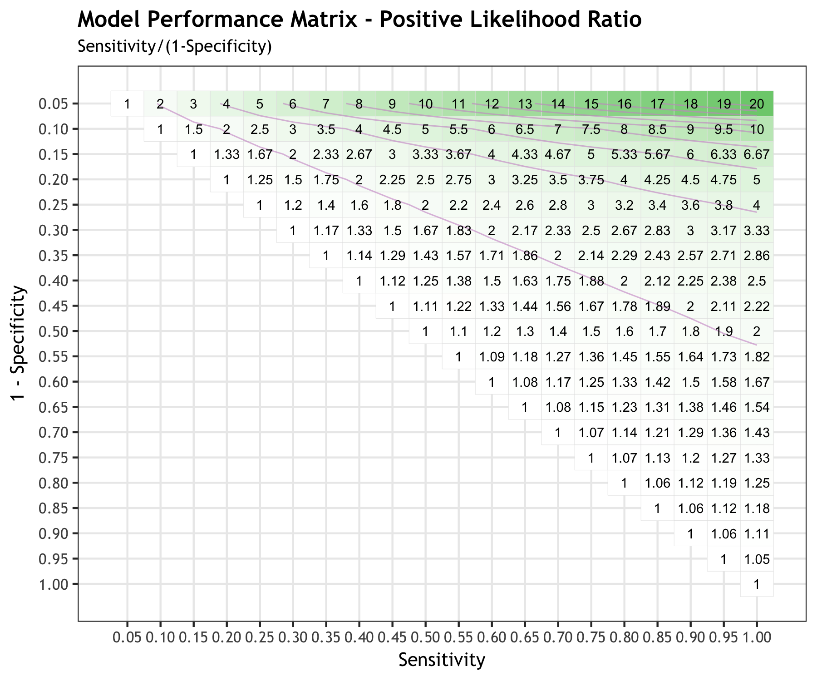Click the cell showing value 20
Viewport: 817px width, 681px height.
[757, 104]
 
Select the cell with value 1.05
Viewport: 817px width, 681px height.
[757, 559]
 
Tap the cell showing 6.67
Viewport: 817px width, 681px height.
[757, 154]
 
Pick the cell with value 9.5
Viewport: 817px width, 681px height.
[723, 129]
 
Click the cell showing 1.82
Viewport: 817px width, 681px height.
[757, 357]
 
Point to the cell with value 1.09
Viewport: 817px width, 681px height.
[492, 357]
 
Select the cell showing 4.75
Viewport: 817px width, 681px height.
[723, 180]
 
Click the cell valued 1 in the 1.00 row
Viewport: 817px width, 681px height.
[757, 584]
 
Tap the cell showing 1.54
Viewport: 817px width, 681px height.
[757, 407]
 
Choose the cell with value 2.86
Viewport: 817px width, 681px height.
[757, 256]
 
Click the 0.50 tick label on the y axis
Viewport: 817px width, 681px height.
[54, 331]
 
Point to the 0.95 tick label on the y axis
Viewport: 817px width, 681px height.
[54, 559]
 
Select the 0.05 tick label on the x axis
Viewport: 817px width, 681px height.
[128, 637]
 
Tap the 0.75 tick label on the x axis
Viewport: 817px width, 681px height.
[591, 637]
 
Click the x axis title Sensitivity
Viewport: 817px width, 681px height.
[442, 660]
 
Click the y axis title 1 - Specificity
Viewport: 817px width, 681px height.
[18, 343]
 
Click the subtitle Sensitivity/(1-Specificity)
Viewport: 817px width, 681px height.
[174, 46]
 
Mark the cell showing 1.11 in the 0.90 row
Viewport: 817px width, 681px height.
[757, 533]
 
